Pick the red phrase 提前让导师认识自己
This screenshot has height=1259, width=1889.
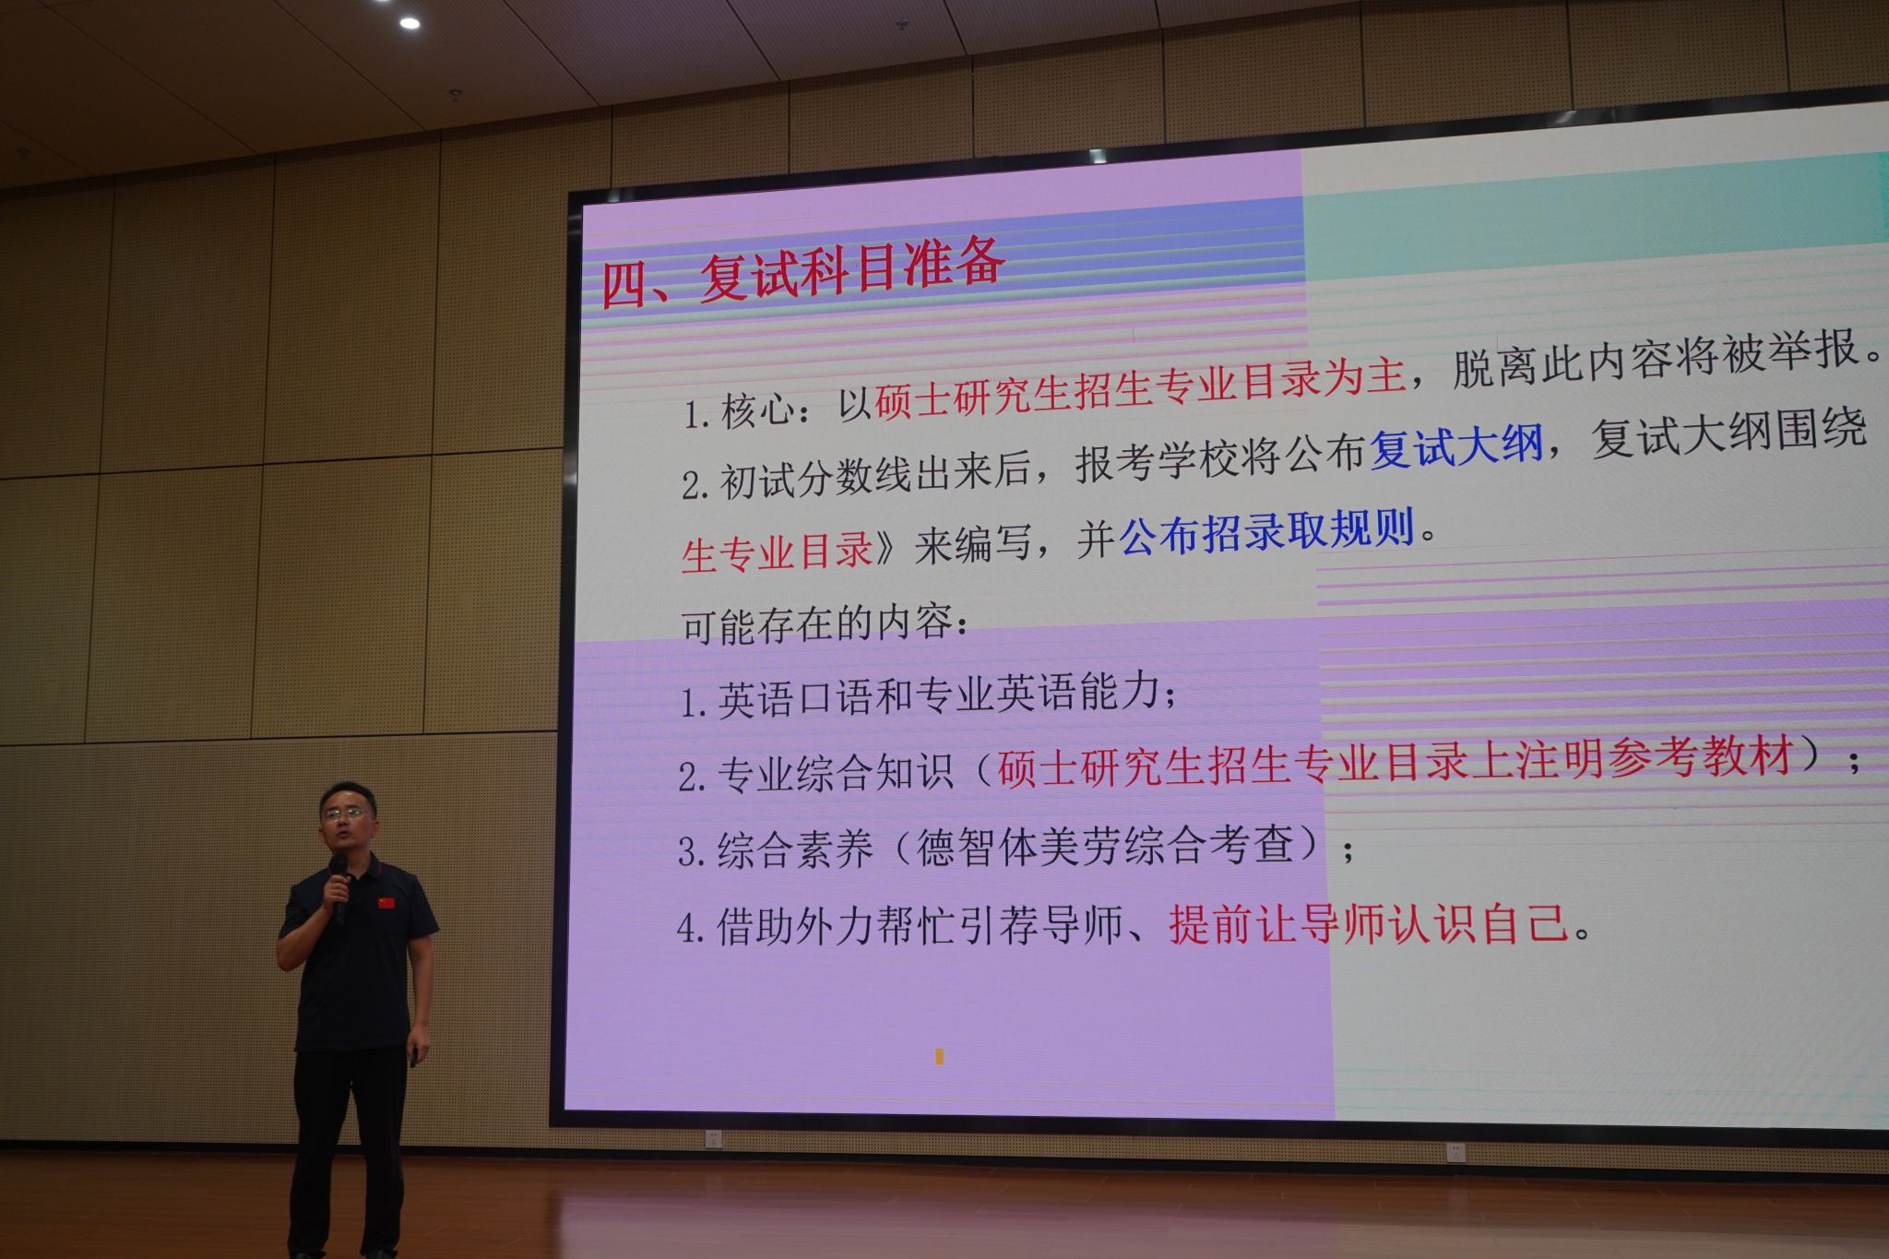(x=1369, y=922)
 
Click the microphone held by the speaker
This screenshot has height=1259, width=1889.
(x=338, y=883)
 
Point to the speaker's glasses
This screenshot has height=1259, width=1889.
(x=342, y=814)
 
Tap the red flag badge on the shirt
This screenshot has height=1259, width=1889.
(x=386, y=902)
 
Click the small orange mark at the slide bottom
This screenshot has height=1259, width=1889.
(x=939, y=1056)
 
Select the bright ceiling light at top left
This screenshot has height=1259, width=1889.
(x=409, y=23)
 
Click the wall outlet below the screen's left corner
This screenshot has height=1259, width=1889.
(x=712, y=1140)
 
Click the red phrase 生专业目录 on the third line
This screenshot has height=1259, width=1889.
(x=777, y=551)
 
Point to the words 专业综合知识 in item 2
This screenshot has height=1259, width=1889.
(x=835, y=772)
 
